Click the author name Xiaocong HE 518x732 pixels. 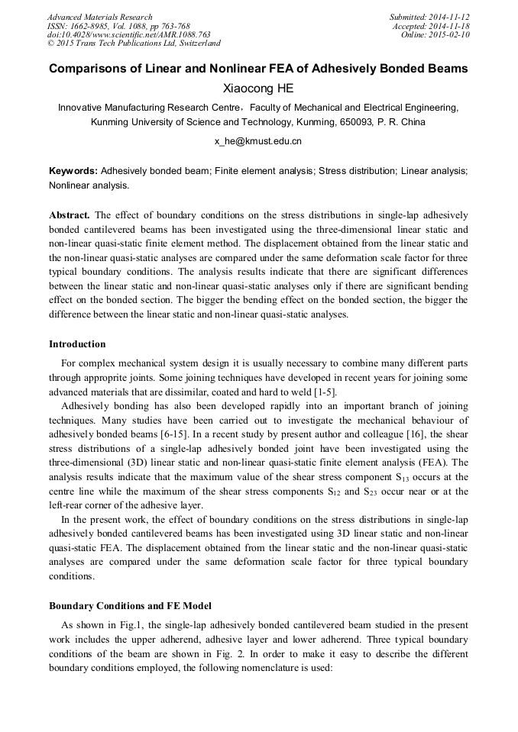pos(258,89)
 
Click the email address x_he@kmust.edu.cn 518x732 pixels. pos(258,141)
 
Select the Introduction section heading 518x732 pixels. pos(77,344)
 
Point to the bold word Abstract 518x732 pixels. pos(70,215)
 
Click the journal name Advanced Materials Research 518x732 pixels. pos(99,17)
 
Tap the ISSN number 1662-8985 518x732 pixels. pos(92,26)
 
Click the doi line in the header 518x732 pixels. pos(128,35)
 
